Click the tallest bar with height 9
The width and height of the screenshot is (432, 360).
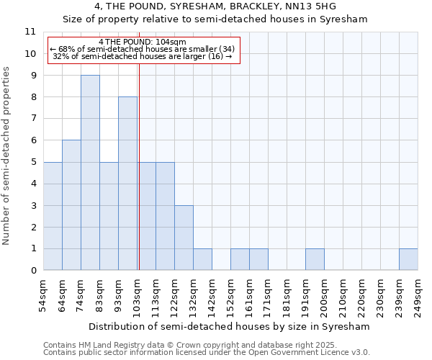click(90, 173)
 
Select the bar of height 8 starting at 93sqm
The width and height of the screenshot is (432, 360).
click(127, 184)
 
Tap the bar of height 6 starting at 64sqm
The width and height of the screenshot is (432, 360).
click(71, 205)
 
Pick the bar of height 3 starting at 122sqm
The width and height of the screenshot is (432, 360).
click(184, 238)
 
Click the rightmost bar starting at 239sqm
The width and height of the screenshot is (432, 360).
click(408, 259)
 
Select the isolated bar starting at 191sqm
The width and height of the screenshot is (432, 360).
click(315, 259)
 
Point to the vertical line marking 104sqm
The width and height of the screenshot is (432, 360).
click(138, 166)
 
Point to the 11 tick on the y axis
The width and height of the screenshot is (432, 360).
click(30, 32)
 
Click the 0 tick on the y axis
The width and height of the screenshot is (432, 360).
click(32, 271)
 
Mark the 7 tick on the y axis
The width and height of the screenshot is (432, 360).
click(32, 119)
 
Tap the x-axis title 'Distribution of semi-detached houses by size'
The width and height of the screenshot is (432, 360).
click(230, 326)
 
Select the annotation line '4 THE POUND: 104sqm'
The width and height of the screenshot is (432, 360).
click(143, 42)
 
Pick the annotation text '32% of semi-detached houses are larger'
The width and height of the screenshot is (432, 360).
click(143, 56)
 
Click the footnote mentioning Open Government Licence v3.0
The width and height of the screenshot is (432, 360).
click(207, 353)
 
